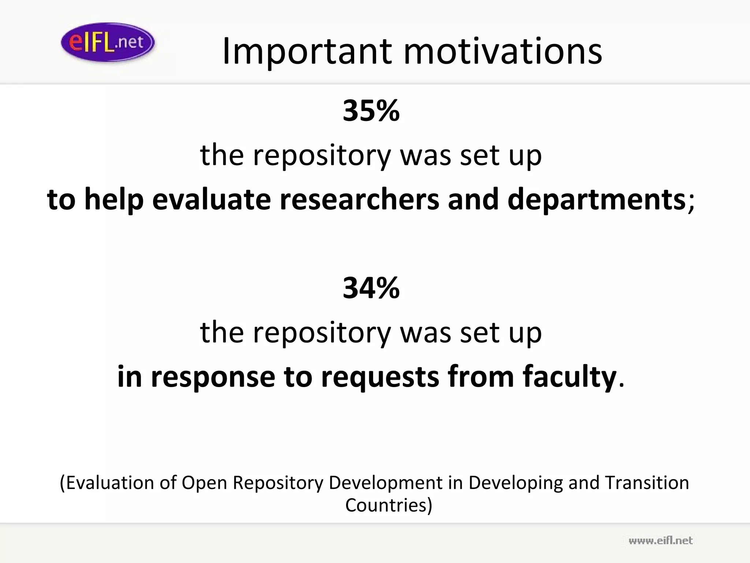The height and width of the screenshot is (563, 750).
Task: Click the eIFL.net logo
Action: click(x=108, y=42)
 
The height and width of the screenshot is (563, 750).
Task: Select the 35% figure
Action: click(x=371, y=111)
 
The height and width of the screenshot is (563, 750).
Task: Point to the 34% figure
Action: click(x=371, y=288)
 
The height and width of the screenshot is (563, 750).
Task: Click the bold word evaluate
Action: click(x=211, y=200)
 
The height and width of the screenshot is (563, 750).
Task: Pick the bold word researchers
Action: click(x=359, y=200)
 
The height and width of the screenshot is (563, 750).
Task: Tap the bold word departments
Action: click(x=597, y=200)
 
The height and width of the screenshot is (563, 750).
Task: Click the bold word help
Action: click(x=114, y=200)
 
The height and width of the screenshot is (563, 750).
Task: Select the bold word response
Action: click(x=213, y=377)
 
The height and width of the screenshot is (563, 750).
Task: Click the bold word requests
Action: click(x=380, y=377)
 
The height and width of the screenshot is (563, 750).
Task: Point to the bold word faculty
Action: click(x=569, y=377)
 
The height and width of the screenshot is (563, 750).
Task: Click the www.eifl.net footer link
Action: click(x=660, y=541)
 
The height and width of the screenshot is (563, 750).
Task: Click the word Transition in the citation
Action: click(x=647, y=483)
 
